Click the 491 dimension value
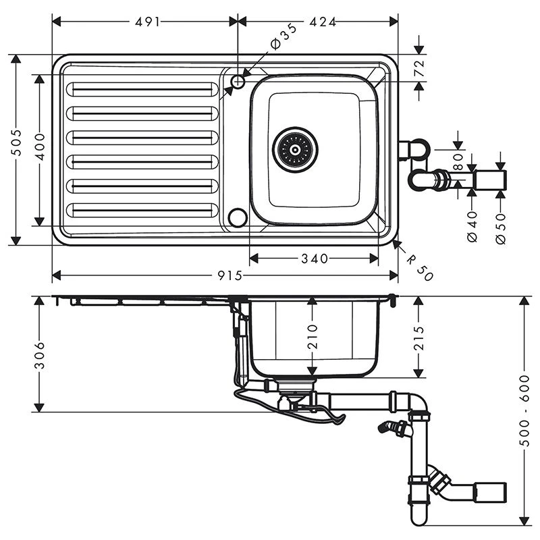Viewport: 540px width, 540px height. click(x=147, y=22)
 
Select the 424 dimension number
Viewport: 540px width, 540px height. click(x=323, y=22)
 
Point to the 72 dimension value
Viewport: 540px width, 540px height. click(x=418, y=68)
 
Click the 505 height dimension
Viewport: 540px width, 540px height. click(x=18, y=142)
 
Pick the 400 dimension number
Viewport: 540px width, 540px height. click(x=41, y=146)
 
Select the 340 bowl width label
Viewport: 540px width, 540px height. click(x=315, y=259)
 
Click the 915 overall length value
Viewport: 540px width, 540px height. click(x=230, y=275)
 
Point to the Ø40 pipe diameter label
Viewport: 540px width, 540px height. click(x=472, y=227)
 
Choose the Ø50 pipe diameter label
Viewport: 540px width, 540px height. click(x=500, y=228)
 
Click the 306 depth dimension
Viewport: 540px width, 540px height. click(x=39, y=354)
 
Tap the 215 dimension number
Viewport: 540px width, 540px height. click(x=419, y=337)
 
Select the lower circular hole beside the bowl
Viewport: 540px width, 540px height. click(x=237, y=217)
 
